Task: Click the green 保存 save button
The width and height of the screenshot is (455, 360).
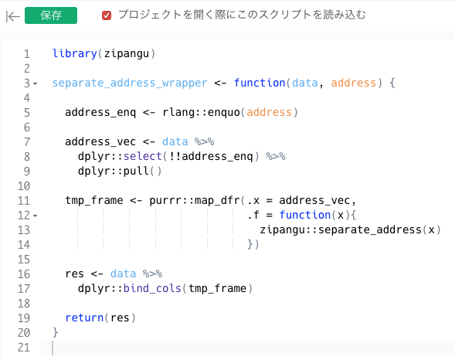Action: coord(51,15)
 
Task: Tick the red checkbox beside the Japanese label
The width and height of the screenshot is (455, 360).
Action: coord(107,15)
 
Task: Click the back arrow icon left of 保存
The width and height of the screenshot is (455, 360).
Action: coord(13,16)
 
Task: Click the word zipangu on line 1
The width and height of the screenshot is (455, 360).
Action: coord(127,53)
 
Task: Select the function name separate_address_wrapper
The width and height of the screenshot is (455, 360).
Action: coord(130,83)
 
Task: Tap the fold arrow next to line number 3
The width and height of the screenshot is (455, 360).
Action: coord(36,84)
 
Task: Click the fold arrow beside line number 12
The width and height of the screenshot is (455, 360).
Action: coord(36,216)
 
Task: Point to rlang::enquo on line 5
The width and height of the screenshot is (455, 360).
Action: coord(201,112)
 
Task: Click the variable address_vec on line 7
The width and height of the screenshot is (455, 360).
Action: coord(100,141)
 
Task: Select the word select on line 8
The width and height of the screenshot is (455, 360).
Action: coord(143,156)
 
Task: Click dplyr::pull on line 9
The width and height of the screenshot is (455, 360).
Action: coord(114,172)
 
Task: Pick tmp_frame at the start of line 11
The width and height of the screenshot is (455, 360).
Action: coord(94,200)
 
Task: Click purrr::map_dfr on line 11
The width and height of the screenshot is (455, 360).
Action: coord(195,200)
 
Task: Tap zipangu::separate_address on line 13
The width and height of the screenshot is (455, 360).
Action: coord(341,229)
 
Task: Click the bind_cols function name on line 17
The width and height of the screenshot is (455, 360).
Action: coord(152,288)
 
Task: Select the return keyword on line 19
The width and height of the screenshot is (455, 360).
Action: coord(84,318)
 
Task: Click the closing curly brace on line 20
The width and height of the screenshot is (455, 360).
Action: coord(55,332)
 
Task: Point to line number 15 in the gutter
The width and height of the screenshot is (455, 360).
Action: coord(24,260)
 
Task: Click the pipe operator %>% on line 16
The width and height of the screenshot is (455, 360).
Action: coord(152,273)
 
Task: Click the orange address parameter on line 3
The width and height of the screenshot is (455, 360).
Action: coord(354,83)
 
